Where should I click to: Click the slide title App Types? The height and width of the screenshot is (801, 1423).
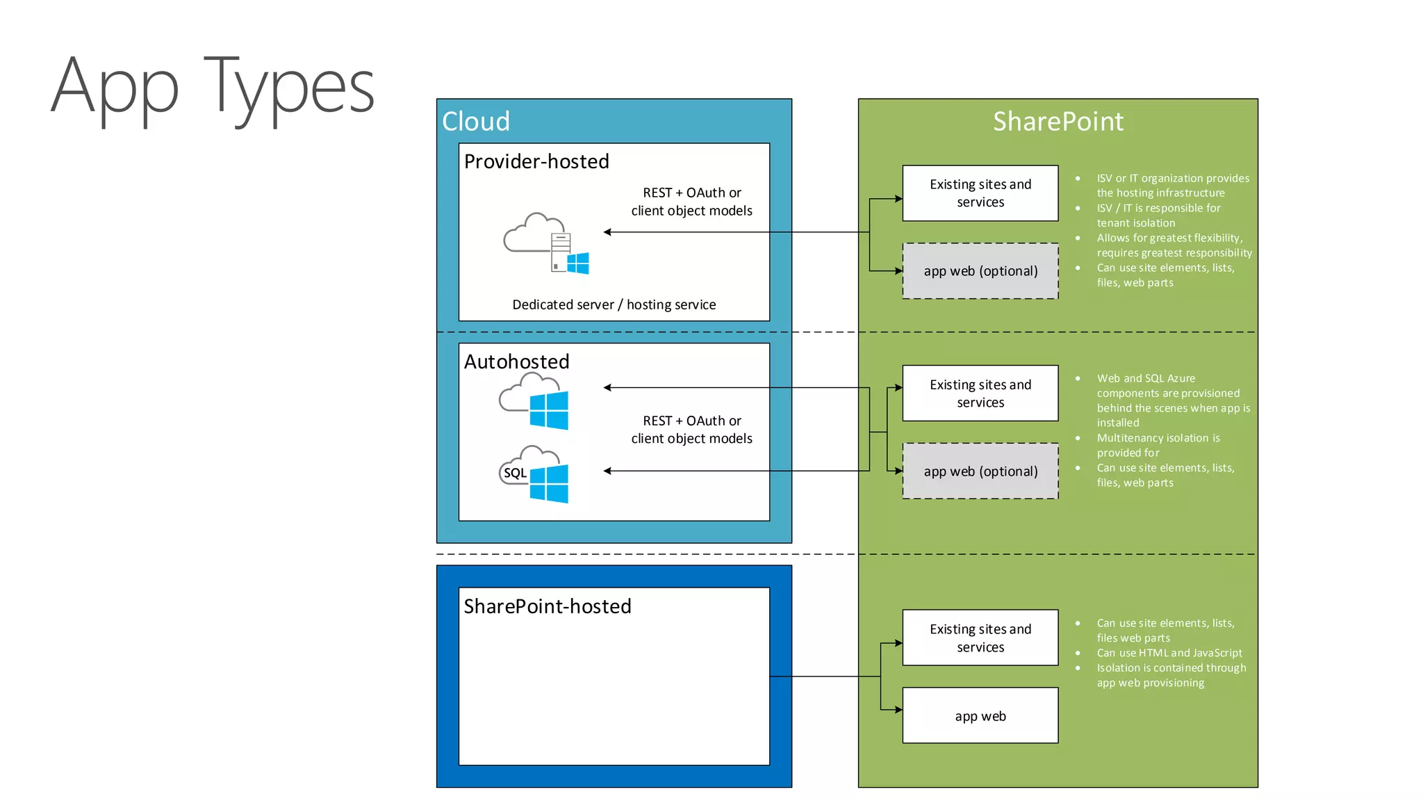(x=213, y=88)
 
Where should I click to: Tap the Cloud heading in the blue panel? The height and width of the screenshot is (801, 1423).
(x=476, y=122)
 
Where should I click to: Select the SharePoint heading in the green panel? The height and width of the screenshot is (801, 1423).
(x=1058, y=122)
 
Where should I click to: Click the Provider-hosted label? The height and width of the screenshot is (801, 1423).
(x=536, y=161)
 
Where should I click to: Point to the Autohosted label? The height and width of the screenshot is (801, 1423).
(x=516, y=362)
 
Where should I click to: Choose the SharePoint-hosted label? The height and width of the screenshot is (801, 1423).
(x=548, y=606)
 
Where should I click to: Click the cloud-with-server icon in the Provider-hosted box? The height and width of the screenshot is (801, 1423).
(x=546, y=243)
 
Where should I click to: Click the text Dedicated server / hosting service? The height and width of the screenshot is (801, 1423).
(x=614, y=305)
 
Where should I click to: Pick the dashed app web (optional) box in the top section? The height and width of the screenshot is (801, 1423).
(x=980, y=271)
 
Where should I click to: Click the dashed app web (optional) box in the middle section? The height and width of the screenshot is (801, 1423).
(x=980, y=471)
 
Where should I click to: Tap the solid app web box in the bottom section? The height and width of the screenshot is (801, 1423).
(x=980, y=716)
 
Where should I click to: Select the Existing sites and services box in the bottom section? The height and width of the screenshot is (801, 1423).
(x=980, y=638)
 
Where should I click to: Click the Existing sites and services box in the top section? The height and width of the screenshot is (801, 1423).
(x=980, y=193)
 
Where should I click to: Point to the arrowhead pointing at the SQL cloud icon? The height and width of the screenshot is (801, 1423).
(x=607, y=471)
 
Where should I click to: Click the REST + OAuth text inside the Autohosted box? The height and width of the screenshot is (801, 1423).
(x=691, y=430)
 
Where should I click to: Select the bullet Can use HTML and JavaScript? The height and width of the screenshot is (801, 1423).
(x=1169, y=653)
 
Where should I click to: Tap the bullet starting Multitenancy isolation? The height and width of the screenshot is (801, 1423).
(x=1158, y=445)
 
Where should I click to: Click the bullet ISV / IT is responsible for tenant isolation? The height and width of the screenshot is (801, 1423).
(x=1158, y=216)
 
